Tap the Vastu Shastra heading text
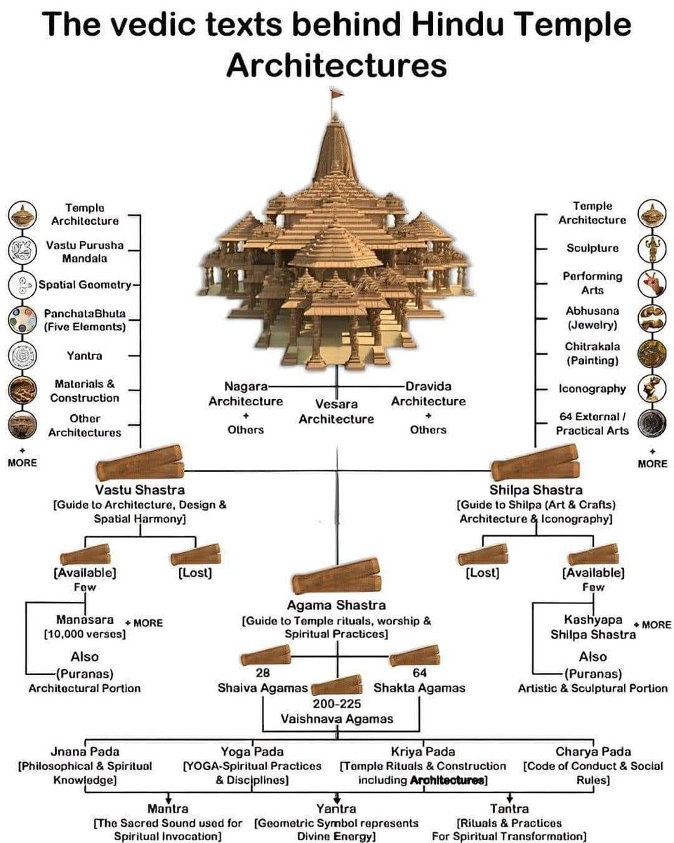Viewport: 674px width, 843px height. click(140, 490)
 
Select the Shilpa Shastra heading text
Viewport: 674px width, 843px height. click(536, 490)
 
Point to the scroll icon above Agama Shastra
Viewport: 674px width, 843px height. click(336, 575)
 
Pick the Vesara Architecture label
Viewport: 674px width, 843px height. click(336, 412)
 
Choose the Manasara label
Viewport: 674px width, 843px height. click(85, 620)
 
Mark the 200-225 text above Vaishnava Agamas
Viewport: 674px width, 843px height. click(336, 704)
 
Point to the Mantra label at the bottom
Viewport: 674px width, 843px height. click(168, 809)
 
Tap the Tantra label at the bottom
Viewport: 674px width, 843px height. click(510, 809)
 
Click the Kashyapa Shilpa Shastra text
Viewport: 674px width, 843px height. click(593, 627)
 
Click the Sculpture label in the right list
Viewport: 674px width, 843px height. click(592, 248)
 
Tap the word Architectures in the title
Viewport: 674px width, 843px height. click(336, 65)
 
